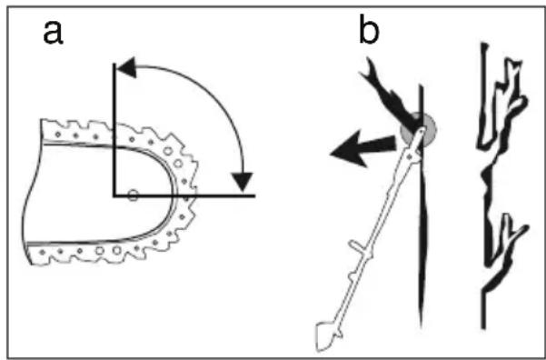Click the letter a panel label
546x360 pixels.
[53, 33]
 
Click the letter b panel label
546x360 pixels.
[369, 29]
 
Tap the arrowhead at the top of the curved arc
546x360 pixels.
[126, 67]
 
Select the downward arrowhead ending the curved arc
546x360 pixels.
[243, 181]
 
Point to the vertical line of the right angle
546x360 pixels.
[114, 130]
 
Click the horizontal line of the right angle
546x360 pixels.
[184, 195]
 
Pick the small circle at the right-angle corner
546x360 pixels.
[133, 195]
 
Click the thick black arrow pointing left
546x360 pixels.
[364, 148]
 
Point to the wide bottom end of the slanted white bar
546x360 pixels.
[327, 336]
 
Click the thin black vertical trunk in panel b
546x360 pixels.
[422, 205]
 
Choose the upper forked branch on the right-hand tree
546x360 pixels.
[501, 105]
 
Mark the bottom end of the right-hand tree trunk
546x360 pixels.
[483, 327]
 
